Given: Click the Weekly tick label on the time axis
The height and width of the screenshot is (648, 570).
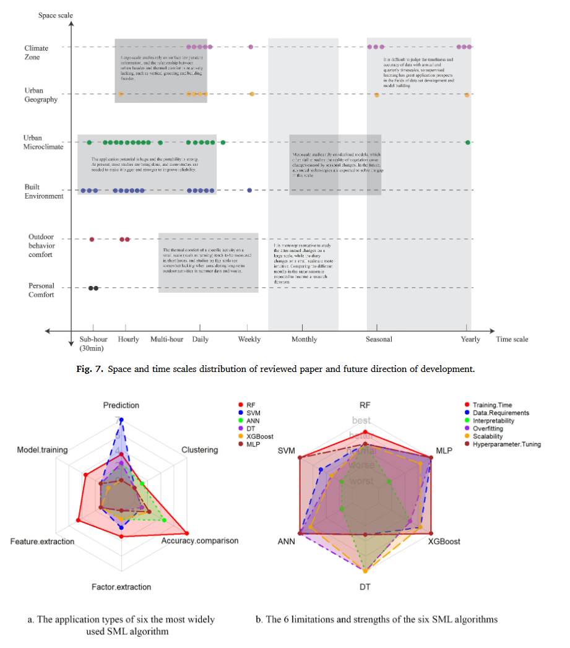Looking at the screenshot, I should click(x=249, y=339).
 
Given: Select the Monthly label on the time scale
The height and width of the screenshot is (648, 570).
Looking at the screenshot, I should click(x=304, y=339).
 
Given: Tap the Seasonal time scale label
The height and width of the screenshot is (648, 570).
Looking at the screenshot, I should click(x=378, y=339).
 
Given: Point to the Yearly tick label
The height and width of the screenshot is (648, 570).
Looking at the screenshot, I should click(x=470, y=339).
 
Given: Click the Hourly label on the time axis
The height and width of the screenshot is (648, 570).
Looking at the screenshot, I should click(x=128, y=339).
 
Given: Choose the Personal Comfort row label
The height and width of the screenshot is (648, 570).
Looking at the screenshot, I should click(x=41, y=290).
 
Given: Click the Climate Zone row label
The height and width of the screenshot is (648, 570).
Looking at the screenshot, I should click(x=36, y=52).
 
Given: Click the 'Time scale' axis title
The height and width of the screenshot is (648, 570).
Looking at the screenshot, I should click(x=512, y=339).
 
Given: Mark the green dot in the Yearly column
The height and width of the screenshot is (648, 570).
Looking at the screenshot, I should click(x=468, y=142).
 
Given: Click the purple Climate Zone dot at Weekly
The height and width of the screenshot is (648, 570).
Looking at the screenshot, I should click(x=251, y=46).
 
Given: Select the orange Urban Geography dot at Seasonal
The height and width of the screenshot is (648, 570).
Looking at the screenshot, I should click(x=376, y=94).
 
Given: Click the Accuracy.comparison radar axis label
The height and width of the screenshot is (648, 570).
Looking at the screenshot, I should click(x=199, y=540).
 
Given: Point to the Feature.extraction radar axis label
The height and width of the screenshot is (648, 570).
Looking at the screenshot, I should click(x=42, y=542).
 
